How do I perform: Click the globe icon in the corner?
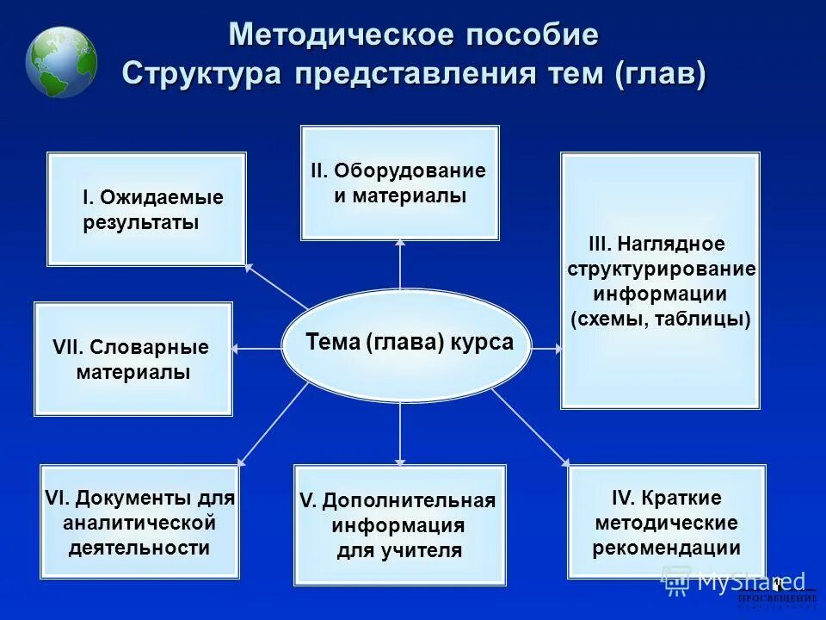click(x=61, y=62)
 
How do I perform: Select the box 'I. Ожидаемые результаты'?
click(x=146, y=209)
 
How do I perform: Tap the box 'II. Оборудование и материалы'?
click(x=399, y=183)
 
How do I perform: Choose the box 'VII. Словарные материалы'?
click(x=133, y=359)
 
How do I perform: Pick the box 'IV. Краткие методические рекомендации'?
click(x=667, y=522)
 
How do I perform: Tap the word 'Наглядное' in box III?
click(x=680, y=245)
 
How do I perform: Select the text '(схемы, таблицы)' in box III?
click(x=661, y=319)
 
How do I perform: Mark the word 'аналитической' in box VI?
click(x=139, y=523)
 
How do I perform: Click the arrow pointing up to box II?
click(x=400, y=263)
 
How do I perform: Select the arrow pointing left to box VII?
click(x=257, y=348)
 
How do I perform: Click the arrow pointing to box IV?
click(x=530, y=425)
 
